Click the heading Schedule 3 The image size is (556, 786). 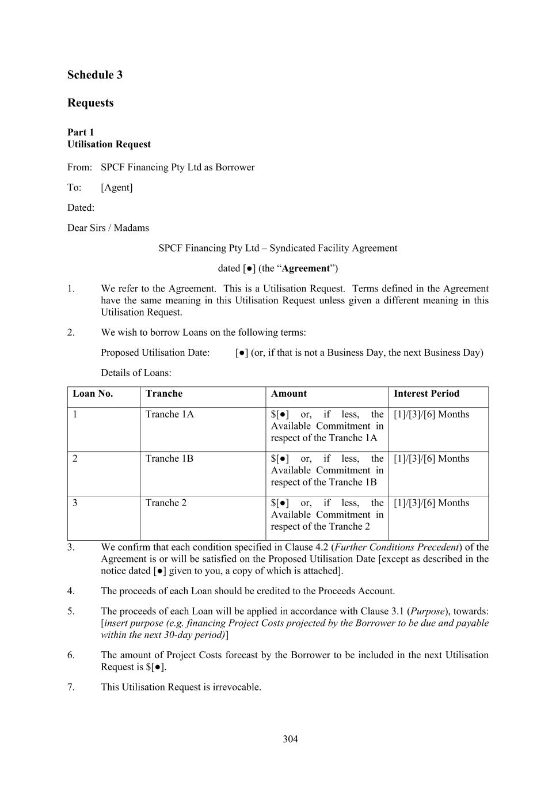click(95, 75)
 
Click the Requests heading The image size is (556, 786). click(90, 103)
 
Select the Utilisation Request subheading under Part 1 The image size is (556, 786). click(109, 145)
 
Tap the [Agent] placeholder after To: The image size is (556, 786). click(116, 188)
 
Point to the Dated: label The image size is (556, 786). click(81, 208)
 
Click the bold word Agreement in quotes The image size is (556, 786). click(306, 268)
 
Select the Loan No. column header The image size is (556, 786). click(93, 394)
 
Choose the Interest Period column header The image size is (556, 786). click(426, 394)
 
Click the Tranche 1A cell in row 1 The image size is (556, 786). click(170, 415)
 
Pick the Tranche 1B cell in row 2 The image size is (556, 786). click(169, 459)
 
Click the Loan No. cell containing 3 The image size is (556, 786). click(75, 503)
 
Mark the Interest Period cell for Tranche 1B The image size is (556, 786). click(431, 459)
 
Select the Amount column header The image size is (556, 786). click(288, 394)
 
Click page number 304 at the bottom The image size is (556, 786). click(290, 739)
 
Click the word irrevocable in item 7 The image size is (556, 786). click(236, 688)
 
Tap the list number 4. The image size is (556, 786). click(71, 591)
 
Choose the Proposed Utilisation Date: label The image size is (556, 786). click(155, 353)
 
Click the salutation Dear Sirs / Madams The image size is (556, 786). click(108, 228)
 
